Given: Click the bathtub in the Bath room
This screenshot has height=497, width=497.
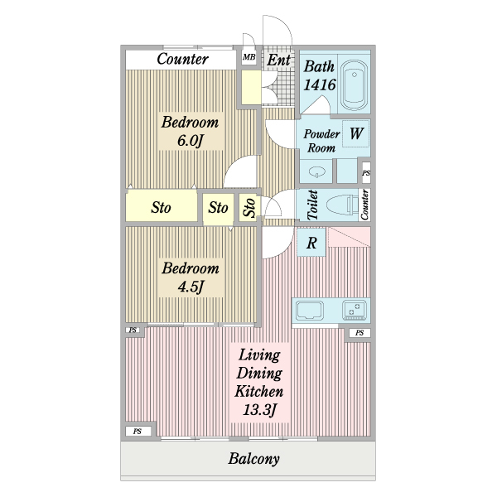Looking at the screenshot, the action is (354, 84).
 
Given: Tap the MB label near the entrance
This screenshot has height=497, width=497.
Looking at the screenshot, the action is (248, 57).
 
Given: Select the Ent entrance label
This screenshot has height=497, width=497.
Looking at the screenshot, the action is (278, 60).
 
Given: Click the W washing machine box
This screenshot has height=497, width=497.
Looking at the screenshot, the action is (356, 133).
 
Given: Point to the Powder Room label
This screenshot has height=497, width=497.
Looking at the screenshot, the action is (321, 141).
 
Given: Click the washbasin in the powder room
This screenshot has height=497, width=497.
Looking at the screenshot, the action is (316, 172).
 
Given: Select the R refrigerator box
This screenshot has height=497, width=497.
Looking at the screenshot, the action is (311, 242).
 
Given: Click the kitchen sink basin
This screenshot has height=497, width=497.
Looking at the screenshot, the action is (310, 311).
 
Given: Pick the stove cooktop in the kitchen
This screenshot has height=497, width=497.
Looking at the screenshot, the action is (355, 310).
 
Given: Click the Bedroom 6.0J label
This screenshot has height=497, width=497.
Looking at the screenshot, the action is (190, 131).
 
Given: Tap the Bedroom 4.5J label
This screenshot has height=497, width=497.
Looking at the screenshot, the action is (191, 277).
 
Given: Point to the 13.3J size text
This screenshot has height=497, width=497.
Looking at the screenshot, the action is (260, 410).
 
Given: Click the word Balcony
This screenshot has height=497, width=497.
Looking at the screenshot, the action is (254, 459).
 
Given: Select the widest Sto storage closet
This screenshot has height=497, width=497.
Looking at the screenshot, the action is (161, 207).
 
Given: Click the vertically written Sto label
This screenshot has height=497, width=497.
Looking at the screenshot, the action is (250, 208).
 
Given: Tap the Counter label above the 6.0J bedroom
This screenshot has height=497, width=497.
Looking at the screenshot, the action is (182, 59).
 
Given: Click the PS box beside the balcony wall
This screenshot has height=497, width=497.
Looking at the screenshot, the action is (138, 432).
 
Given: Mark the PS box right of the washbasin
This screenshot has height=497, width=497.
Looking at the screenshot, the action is (366, 173).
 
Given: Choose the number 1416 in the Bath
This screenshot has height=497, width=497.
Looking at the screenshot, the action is (320, 84).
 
